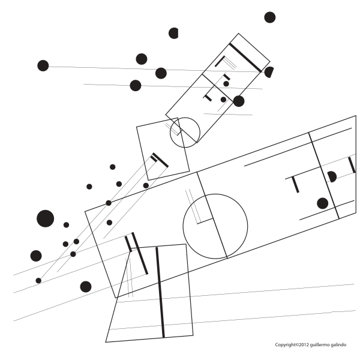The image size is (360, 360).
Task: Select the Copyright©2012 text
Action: coord(292,345)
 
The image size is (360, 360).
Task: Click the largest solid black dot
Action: coord(45,218)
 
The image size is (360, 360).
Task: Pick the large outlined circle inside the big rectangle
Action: coord(215,226)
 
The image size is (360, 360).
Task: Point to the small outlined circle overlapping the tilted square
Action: coord(185,133)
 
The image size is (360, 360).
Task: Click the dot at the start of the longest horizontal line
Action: coord(43,65)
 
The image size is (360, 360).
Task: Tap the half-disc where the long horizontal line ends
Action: coord(269,72)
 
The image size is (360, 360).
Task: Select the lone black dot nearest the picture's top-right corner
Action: coord(270,17)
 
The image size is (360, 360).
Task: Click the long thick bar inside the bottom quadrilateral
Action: coord(160,293)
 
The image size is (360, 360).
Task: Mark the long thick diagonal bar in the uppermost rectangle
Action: coord(245,58)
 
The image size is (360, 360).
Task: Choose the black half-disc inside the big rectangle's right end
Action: coord(332,177)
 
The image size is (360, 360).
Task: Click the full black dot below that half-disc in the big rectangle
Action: coord(322,203)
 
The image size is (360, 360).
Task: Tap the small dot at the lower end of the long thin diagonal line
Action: coord(38,281)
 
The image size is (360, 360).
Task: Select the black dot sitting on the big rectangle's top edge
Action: coord(109,203)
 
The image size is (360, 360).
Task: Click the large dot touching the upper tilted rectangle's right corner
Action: coord(239,101)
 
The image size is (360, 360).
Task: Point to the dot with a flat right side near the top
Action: coord(173,33)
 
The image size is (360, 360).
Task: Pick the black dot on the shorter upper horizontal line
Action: coord(136,85)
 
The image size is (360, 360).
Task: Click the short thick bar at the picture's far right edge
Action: coord(352,165)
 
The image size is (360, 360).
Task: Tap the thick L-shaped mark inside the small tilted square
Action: coord(159,160)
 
